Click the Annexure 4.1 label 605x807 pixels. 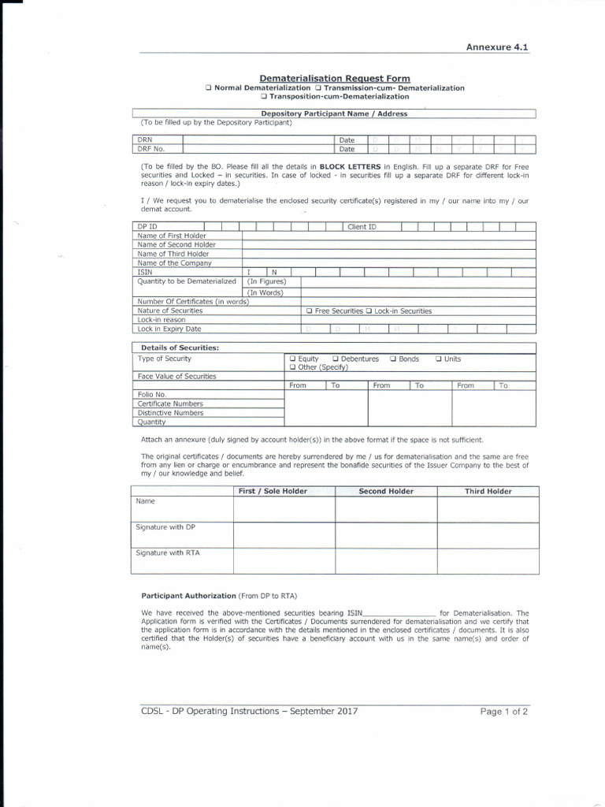[x=498, y=46]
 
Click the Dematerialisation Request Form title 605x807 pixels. [x=335, y=79]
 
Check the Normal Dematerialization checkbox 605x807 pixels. [x=208, y=88]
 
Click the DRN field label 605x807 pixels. [x=144, y=139]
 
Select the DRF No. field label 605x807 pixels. [x=150, y=148]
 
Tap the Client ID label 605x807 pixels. [x=362, y=227]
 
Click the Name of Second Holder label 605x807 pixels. [x=176, y=244]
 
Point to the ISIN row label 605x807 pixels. [x=145, y=272]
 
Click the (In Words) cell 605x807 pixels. [x=265, y=292]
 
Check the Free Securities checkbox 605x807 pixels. [x=310, y=311]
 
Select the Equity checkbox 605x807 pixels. [x=293, y=359]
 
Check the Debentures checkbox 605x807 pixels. [x=336, y=359]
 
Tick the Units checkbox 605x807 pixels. [x=439, y=359]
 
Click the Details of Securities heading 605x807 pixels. [x=180, y=348]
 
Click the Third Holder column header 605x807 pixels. [x=488, y=491]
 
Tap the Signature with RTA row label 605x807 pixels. [x=168, y=552]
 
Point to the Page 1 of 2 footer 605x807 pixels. [x=504, y=711]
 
